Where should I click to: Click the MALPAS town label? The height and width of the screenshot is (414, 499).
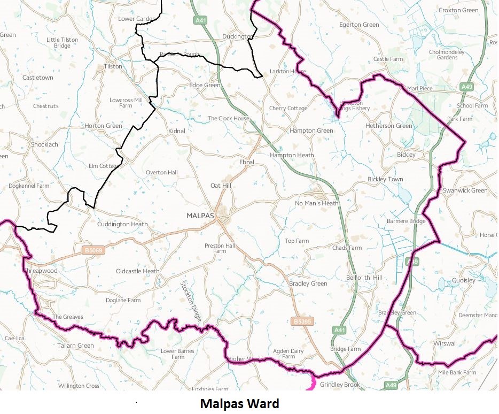[200, 216]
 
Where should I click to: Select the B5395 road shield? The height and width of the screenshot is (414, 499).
[302, 321]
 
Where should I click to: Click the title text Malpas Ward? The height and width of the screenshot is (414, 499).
[239, 403]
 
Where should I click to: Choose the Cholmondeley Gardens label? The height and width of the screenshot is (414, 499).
[447, 55]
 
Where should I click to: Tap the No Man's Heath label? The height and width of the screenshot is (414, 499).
[317, 203]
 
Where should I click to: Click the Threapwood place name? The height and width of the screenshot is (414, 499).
[41, 271]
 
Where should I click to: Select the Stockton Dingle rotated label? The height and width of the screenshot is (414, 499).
[191, 301]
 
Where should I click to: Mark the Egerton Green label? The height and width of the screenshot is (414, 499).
[359, 25]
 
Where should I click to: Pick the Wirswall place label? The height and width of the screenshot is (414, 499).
[445, 343]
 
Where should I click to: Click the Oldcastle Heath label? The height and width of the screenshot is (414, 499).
[137, 271]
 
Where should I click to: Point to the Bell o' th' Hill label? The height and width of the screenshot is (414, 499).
[364, 278]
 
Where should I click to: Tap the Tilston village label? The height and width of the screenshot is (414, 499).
[113, 67]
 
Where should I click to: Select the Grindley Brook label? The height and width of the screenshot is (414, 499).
[340, 384]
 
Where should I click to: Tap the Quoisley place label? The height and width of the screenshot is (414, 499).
[463, 280]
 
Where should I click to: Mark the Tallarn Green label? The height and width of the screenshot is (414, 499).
[75, 346]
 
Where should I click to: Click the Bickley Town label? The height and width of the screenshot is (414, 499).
[385, 179]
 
